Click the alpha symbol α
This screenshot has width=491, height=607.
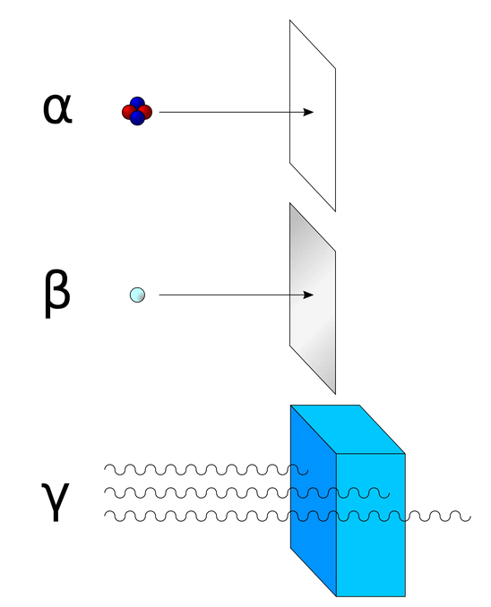pos(57,109)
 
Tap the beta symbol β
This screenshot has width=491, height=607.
pos(57,294)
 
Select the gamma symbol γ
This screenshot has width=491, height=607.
pos(55,501)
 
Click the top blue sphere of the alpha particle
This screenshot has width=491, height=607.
pos(137,104)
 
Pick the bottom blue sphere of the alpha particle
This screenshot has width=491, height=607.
pos(137,118)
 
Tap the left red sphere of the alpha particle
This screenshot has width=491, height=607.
pos(128,112)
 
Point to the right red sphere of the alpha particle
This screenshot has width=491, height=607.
pos(146,112)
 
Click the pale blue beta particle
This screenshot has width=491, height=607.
pos(137,295)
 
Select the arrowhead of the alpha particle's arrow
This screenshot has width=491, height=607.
pos(308,112)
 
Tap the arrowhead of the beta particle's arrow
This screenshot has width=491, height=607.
pos(308,295)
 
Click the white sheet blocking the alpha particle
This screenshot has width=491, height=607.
pos(313,115)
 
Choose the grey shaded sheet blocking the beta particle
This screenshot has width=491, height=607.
pos(313,298)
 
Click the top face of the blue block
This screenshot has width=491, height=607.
pos(348,430)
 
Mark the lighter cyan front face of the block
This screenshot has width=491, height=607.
pos(370,525)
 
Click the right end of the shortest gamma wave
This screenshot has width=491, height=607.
pos(307,471)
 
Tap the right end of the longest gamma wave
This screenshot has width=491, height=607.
pos(470,517)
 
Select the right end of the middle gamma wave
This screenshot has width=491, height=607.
pos(389,494)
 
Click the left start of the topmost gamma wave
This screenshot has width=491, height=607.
pos(105,469)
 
